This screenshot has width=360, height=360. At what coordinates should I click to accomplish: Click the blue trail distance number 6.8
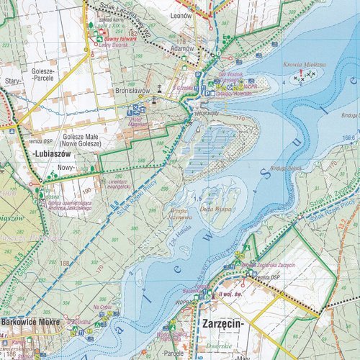[113, 209]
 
